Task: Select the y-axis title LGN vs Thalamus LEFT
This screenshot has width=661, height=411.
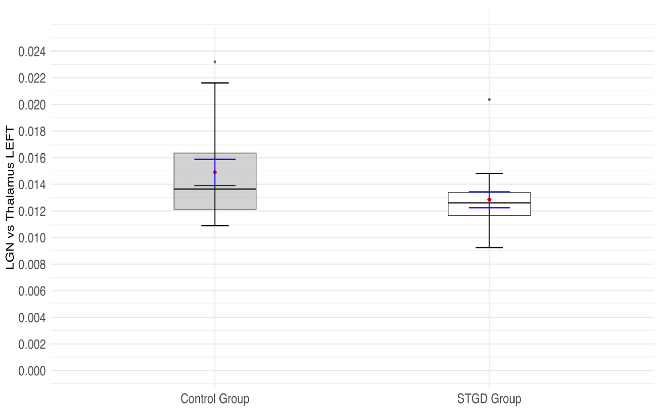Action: tap(10, 197)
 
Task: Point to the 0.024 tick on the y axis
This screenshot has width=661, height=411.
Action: tap(32, 52)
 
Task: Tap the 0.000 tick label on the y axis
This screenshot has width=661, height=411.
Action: tap(32, 371)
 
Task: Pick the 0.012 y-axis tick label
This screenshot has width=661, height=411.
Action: tap(32, 211)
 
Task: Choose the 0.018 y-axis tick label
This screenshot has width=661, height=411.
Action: tap(32, 132)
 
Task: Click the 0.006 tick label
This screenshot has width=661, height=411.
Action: tap(32, 291)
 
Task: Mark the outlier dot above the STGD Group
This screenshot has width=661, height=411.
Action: tap(489, 100)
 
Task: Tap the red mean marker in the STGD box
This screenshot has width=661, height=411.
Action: tap(489, 200)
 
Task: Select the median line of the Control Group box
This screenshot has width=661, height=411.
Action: tap(190, 189)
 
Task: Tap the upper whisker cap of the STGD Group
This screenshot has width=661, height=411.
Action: tap(489, 173)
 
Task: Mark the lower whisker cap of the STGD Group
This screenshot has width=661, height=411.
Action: tap(489, 248)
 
